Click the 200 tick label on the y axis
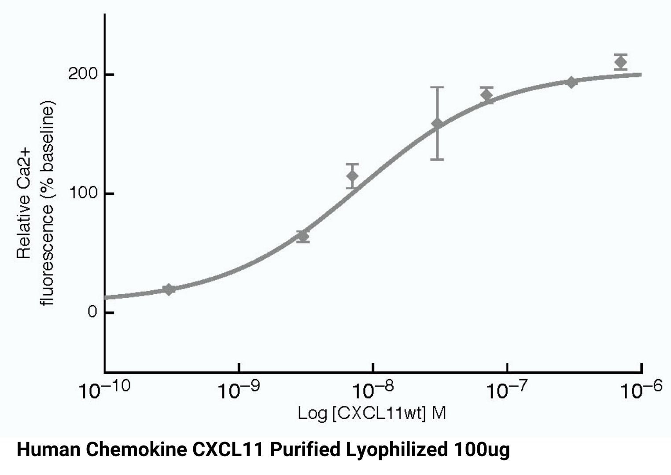pyautogui.click(x=83, y=74)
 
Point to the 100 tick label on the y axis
pyautogui.click(x=83, y=193)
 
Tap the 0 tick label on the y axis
pyautogui.click(x=92, y=312)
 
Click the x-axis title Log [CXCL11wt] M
pyautogui.click(x=372, y=413)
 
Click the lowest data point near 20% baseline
pyautogui.click(x=168, y=289)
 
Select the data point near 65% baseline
pyautogui.click(x=302, y=237)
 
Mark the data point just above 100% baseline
pyautogui.click(x=352, y=176)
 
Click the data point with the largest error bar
pyautogui.click(x=437, y=124)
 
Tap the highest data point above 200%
pyautogui.click(x=621, y=62)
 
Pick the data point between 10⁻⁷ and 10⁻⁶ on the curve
pyautogui.click(x=571, y=82)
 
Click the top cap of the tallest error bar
pyautogui.click(x=437, y=88)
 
